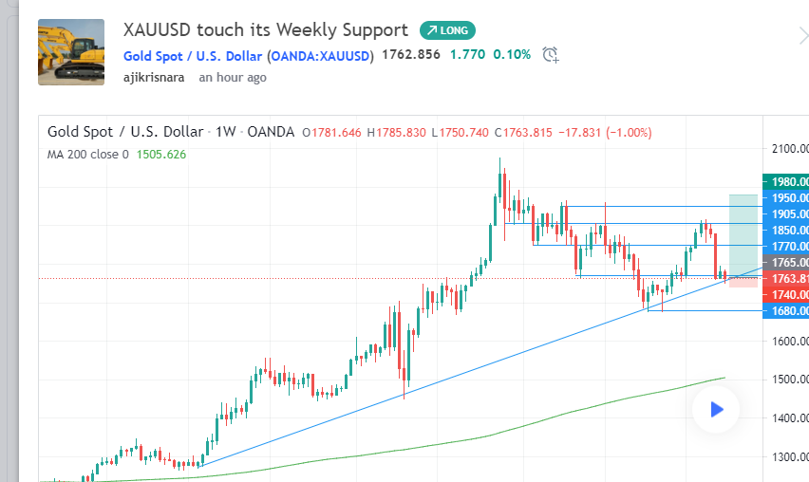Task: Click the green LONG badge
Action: pos(447,30)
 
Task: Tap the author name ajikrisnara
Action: pos(154,78)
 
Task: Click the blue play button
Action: pos(717,410)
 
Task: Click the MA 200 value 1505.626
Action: pos(161,154)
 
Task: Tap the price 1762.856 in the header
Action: pos(410,55)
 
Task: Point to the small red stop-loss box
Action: pos(743,282)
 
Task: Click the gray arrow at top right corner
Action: pos(803,36)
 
